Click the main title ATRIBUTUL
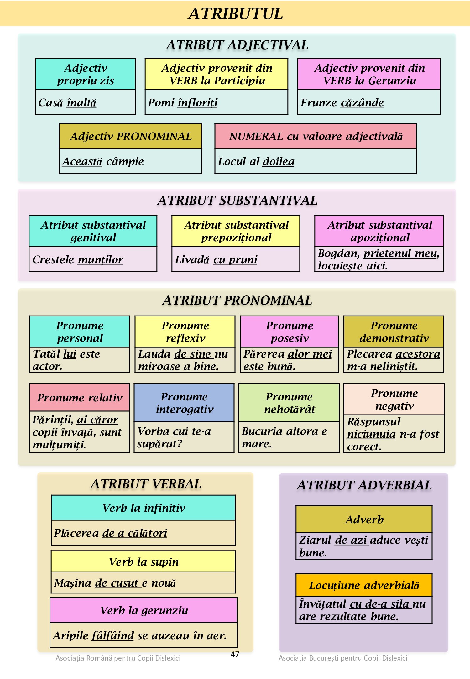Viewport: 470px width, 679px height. (235, 14)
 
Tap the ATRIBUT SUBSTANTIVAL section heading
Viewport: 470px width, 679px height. (237, 201)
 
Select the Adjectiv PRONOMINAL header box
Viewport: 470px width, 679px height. (131, 136)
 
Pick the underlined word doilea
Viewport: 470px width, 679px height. (279, 161)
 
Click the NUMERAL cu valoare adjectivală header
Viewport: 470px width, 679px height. (316, 136)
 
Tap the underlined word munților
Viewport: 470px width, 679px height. (100, 259)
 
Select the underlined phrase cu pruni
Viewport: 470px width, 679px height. (235, 259)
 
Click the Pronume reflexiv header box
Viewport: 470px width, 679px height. (185, 332)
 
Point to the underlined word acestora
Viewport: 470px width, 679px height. (418, 354)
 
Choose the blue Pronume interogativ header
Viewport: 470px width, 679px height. (184, 403)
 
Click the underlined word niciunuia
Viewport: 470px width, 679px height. (371, 434)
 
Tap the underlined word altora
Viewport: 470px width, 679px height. (302, 431)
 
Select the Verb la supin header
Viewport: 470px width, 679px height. (143, 562)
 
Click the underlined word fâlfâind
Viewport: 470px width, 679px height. (113, 635)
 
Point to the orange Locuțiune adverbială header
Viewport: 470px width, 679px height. (364, 585)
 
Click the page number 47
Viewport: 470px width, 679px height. (235, 654)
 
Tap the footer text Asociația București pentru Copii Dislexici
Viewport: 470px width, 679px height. (343, 658)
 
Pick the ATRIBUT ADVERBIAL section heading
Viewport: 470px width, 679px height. (364, 485)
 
